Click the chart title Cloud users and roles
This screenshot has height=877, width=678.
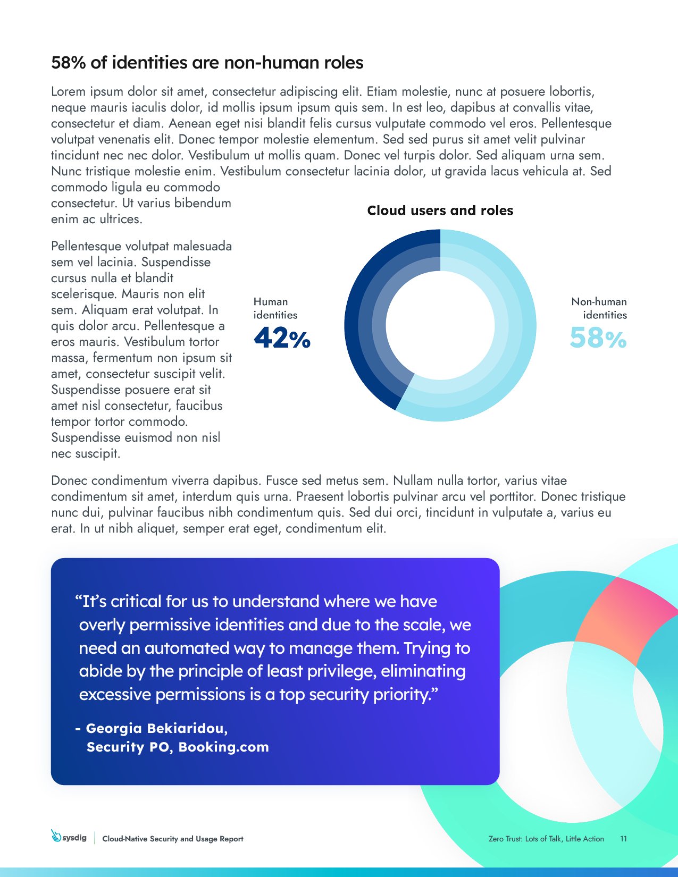click(440, 210)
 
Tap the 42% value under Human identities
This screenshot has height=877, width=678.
click(282, 338)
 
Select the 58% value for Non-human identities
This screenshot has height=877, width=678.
click(598, 338)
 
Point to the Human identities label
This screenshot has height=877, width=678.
click(275, 308)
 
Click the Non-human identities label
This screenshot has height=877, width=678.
click(599, 308)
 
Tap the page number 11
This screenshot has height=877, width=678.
click(623, 839)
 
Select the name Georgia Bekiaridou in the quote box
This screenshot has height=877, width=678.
click(156, 728)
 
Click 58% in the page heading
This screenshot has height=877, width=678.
click(69, 63)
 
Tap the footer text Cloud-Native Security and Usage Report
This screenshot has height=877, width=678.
click(172, 839)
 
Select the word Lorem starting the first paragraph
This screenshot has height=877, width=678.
click(68, 91)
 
